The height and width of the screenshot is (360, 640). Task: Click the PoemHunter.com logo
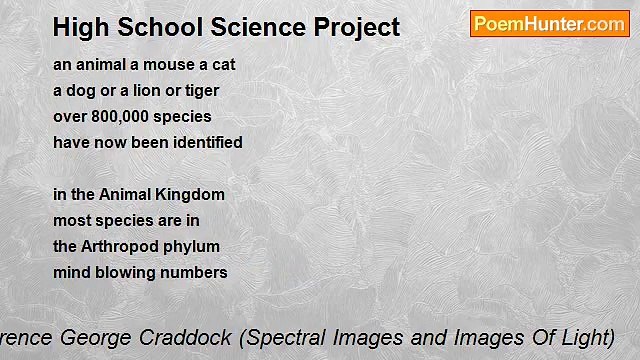pos(549,24)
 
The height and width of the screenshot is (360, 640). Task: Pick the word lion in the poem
pos(151,90)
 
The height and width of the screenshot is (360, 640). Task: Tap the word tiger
pos(200,90)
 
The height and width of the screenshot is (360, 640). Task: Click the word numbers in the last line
pos(199,272)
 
